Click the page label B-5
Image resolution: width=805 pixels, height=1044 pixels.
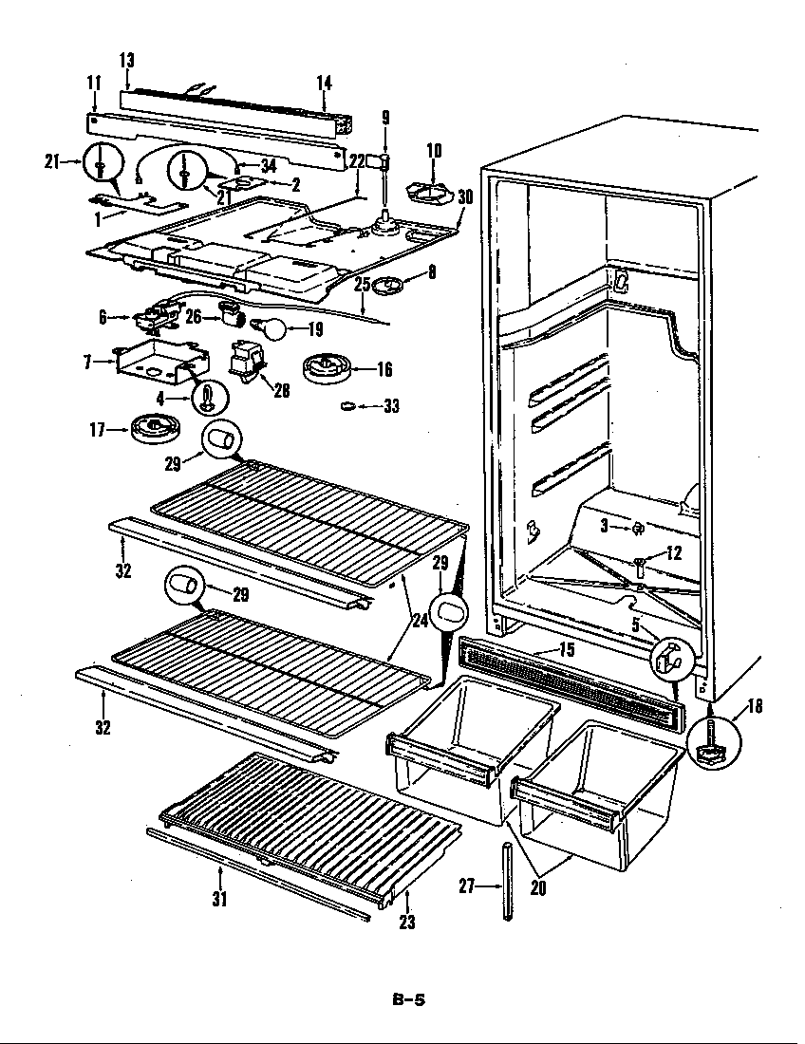408,998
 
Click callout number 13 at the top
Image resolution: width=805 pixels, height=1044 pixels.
126,60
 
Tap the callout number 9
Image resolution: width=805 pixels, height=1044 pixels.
385,118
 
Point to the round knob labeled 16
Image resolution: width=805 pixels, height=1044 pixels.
327,368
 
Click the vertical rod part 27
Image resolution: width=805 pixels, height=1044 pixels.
509,880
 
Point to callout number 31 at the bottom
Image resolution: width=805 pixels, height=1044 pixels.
219,898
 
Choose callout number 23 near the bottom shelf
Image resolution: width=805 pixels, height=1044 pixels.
408,920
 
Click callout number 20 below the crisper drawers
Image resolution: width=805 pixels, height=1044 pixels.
538,888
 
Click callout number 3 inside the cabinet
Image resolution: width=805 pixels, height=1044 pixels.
603,525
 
